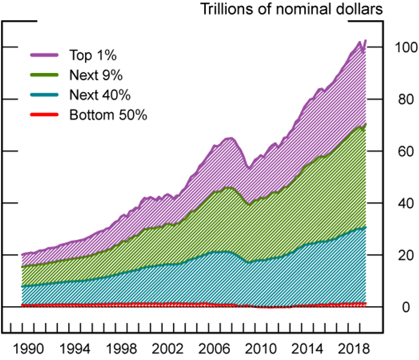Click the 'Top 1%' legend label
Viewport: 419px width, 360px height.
coord(93,55)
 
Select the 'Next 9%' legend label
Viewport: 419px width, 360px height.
coord(96,75)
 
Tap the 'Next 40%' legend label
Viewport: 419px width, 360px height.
coord(100,95)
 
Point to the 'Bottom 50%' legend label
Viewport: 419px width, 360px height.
coord(108,115)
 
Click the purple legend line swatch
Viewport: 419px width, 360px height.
coord(44,55)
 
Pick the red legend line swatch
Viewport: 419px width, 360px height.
coord(44,115)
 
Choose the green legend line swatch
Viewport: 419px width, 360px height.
coord(44,75)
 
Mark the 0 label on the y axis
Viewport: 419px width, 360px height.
coord(406,307)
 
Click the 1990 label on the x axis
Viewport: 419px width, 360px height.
coord(28,349)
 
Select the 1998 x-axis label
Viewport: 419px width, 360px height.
coord(122,349)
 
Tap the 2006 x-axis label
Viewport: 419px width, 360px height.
coord(214,349)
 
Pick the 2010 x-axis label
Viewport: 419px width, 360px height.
coord(261,349)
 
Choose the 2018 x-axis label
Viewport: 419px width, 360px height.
coord(354,349)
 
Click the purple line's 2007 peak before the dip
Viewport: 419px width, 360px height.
coord(232,138)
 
